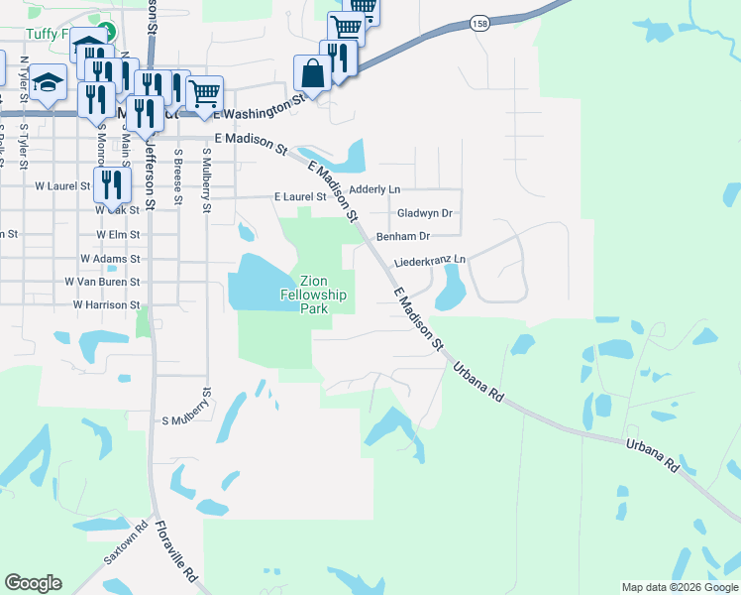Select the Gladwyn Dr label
[x=424, y=212]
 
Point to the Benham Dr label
[x=403, y=236]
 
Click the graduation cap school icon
[x=48, y=83]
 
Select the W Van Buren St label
[x=102, y=282]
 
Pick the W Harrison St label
[x=106, y=304]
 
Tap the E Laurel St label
[x=299, y=197]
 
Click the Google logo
[x=33, y=583]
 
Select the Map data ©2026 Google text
[x=679, y=587]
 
